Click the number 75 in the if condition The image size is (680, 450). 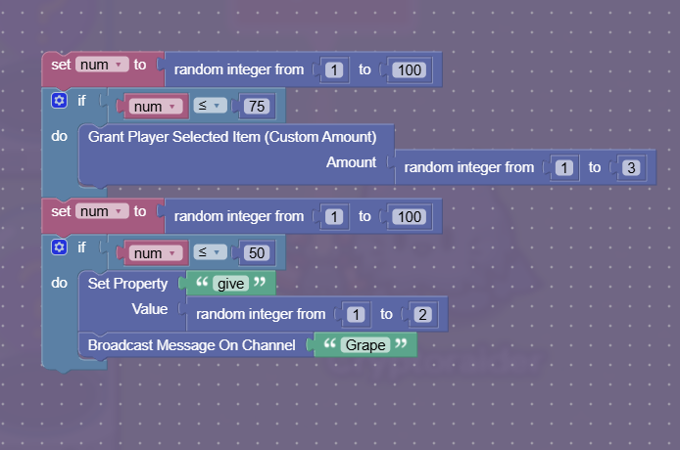[x=257, y=106]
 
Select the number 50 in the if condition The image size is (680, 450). [x=257, y=253]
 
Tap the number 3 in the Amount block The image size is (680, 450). [x=631, y=167]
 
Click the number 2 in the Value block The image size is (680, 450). [x=422, y=314]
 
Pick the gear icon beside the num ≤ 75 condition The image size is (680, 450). [x=59, y=101]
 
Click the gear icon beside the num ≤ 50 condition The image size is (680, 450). [x=59, y=247]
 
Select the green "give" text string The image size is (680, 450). [x=230, y=284]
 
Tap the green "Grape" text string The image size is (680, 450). [x=365, y=345]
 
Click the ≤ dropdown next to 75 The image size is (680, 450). [x=210, y=106]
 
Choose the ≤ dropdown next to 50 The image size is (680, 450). [x=210, y=252]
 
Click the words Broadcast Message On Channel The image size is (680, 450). [x=192, y=345]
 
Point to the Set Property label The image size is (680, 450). [x=127, y=284]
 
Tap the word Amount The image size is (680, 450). [x=352, y=162]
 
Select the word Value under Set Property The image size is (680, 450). [x=150, y=309]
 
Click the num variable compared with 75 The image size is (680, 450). [x=155, y=107]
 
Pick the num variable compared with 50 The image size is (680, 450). [x=155, y=253]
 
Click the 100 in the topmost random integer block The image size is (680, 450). [x=409, y=70]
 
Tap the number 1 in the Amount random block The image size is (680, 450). [x=563, y=167]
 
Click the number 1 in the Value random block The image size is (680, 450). [x=356, y=314]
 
